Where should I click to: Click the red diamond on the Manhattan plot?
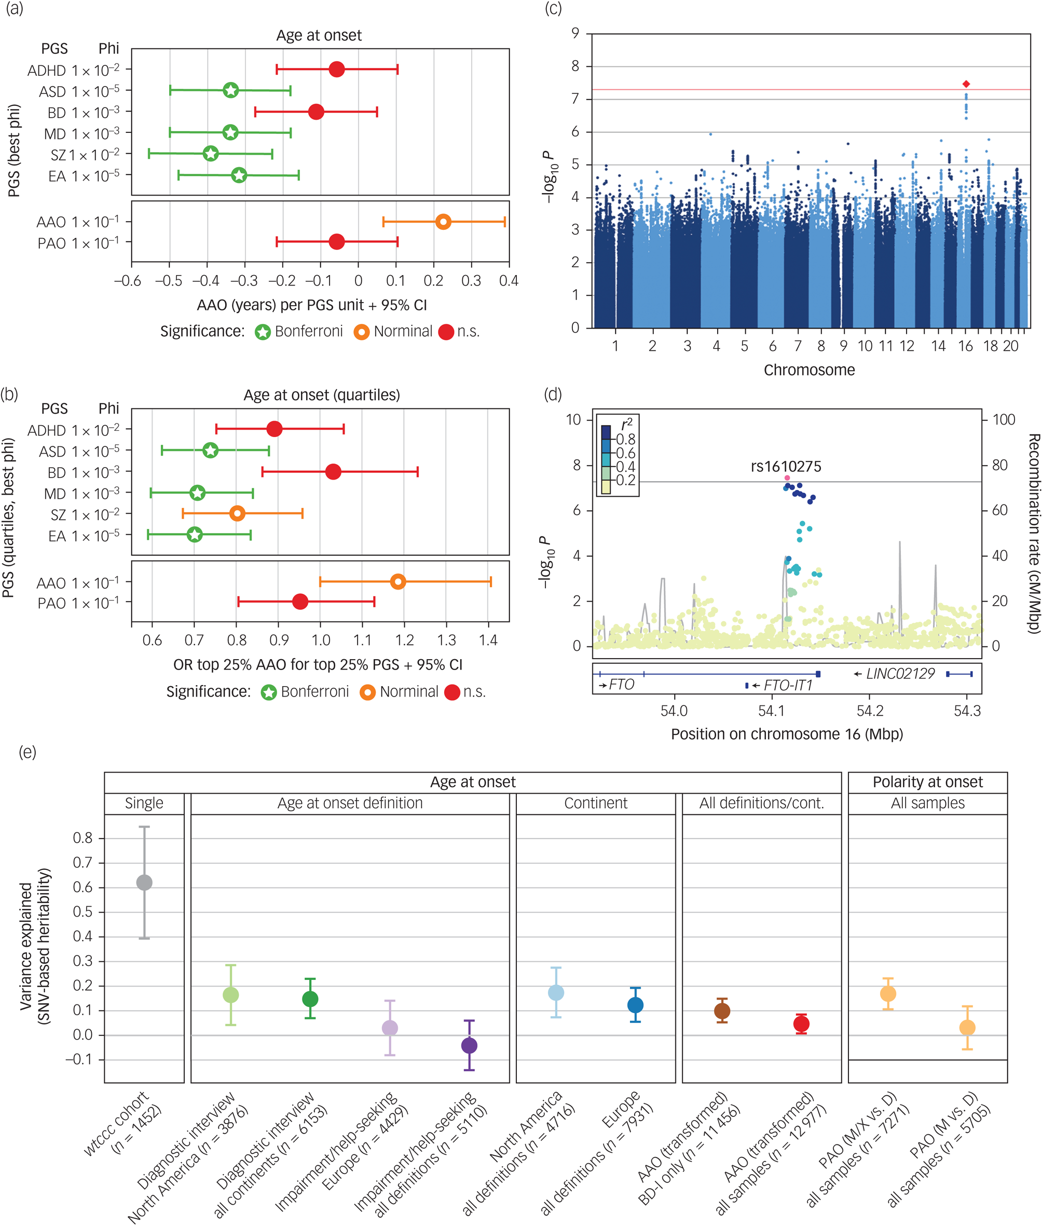(966, 84)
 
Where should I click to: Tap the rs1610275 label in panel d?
(786, 467)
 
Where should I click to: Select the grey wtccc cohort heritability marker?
(144, 882)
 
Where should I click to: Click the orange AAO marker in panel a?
(443, 222)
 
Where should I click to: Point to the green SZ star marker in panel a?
(210, 154)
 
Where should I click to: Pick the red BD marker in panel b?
(333, 472)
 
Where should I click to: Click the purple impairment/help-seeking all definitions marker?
(469, 1045)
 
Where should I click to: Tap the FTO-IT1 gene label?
(788, 685)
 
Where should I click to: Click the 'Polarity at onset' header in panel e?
(927, 782)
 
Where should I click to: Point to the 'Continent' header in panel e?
(595, 803)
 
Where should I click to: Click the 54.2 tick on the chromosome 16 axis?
(870, 711)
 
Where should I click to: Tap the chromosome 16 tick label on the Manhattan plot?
(965, 346)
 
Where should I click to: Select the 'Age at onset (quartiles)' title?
(321, 394)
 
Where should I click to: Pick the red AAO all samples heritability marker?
(801, 1024)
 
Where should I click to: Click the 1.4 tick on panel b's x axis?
(488, 640)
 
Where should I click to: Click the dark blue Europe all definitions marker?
(635, 1005)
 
